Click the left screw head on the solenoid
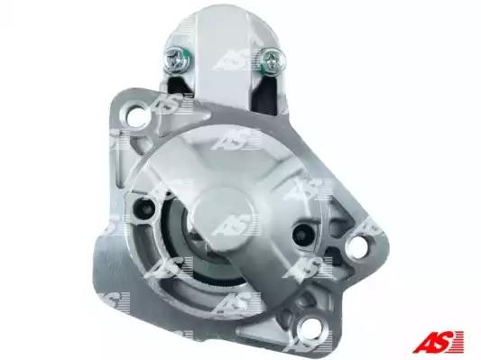(x=178, y=60)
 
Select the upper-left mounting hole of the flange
(x=138, y=114)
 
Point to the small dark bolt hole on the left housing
(x=144, y=206)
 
